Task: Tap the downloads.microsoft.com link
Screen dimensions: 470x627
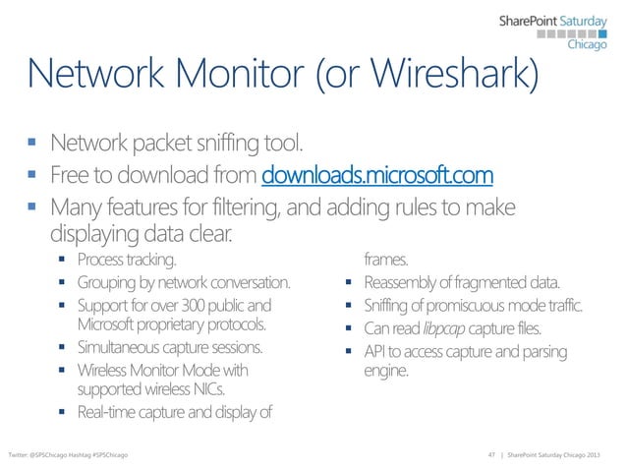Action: pos(376,177)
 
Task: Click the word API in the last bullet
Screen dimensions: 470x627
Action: pos(376,351)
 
